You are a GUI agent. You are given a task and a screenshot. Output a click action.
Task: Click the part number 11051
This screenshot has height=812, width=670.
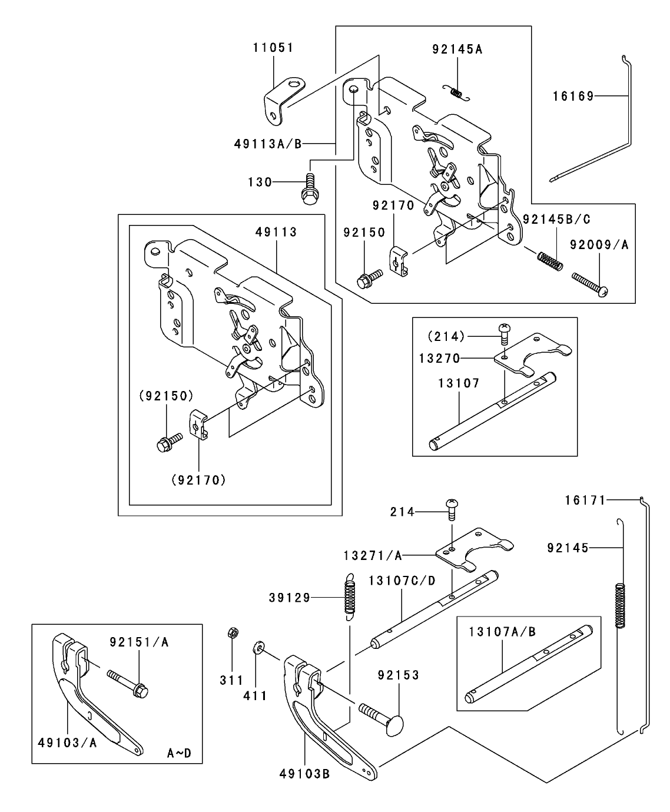click(x=273, y=48)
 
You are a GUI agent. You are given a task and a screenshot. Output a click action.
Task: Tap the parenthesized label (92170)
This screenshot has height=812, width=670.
click(x=198, y=480)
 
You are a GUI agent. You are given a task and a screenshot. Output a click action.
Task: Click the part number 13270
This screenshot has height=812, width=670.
click(x=440, y=357)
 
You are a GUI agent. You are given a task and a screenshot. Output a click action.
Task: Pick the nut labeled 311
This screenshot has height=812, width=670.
click(x=232, y=633)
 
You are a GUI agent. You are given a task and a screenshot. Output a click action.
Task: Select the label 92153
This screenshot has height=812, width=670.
click(x=399, y=675)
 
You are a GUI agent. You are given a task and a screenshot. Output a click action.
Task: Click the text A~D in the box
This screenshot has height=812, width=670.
click(x=179, y=753)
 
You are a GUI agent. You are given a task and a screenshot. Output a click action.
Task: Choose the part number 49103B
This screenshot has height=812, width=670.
click(x=304, y=774)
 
